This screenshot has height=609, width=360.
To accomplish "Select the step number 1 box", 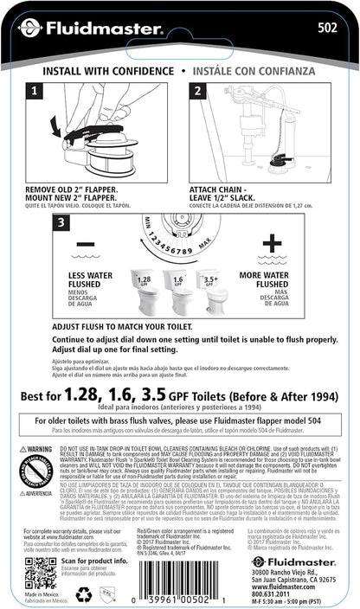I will [33, 90].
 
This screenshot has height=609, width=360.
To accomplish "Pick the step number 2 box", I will [197, 90].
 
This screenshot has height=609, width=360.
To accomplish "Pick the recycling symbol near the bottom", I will [85, 594].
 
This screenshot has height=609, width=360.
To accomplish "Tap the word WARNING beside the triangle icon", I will [38, 450].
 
